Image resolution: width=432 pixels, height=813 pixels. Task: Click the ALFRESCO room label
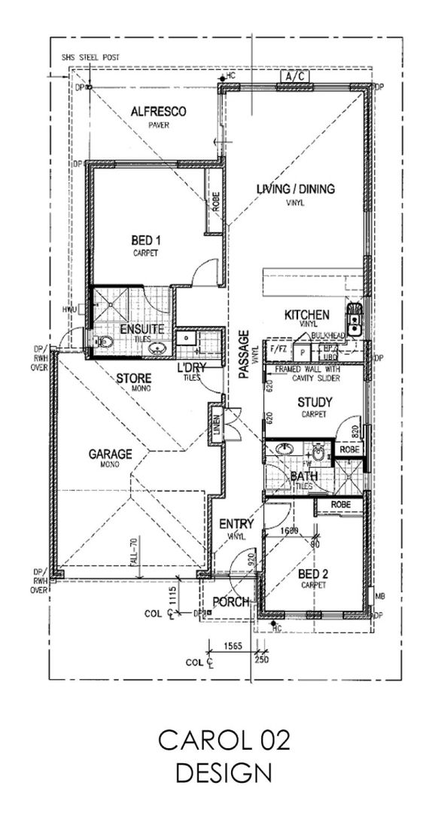click(158, 111)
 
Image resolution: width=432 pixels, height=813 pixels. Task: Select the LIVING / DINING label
click(295, 189)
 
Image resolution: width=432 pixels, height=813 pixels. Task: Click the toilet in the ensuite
click(105, 343)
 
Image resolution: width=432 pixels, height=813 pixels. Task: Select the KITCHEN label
click(306, 314)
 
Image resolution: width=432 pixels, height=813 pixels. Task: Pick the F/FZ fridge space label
click(277, 350)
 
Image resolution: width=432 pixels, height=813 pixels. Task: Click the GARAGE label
click(111, 454)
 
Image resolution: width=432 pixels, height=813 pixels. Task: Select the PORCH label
click(232, 601)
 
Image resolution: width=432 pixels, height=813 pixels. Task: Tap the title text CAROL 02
click(224, 741)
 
